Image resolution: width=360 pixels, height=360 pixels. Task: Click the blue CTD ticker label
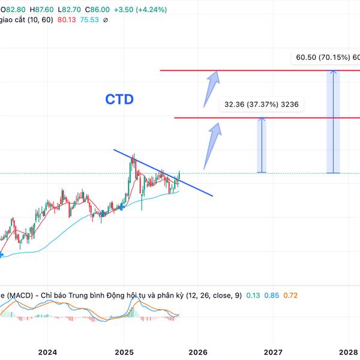click(119, 99)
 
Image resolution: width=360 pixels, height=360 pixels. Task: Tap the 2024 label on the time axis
click(47, 352)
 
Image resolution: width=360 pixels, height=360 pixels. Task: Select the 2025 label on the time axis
click(124, 352)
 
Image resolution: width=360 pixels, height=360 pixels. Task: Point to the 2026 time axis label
click(198, 352)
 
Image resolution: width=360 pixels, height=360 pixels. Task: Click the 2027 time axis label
click(273, 352)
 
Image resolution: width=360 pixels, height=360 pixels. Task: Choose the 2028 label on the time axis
click(348, 352)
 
